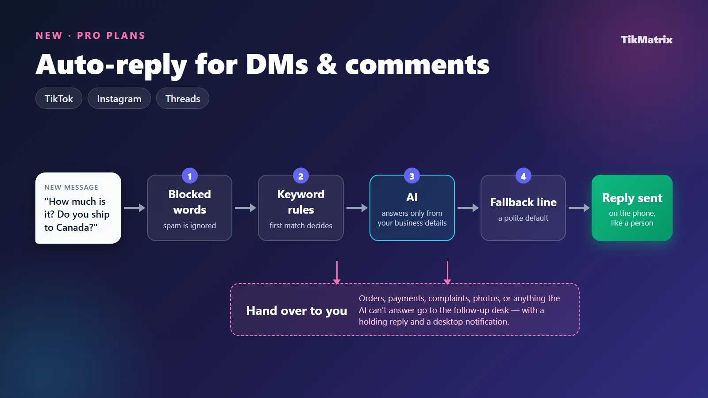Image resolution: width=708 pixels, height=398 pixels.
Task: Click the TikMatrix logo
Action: pos(646,39)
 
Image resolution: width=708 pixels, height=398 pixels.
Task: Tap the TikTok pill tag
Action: pos(59,99)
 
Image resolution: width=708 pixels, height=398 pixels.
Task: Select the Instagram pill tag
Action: pos(119,99)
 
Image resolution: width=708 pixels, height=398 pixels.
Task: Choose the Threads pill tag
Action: pos(183,99)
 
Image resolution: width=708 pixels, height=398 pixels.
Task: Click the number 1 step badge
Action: pos(190,176)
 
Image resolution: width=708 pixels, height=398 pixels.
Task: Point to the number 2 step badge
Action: pos(301,176)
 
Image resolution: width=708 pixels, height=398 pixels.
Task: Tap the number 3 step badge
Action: pos(412,176)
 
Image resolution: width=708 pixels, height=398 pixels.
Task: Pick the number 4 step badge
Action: pos(523,176)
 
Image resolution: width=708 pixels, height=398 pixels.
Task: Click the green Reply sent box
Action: pos(632,208)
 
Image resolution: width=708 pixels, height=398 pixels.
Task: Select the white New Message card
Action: pos(78,208)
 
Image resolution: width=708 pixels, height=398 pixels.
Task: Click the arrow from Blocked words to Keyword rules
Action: pos(245,208)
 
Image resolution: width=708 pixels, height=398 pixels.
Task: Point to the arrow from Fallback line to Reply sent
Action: pos(579,208)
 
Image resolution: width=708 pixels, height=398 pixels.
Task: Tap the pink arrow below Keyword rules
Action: pos(337,272)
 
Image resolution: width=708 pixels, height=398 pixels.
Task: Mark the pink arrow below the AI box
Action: pos(447,272)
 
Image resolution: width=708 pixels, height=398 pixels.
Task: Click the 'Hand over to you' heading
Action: pos(296,310)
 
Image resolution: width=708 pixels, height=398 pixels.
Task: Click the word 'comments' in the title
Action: pos(417,65)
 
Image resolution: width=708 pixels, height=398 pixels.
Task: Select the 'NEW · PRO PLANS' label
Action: pos(90,35)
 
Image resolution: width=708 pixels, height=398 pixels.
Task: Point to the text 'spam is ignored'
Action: pos(190,226)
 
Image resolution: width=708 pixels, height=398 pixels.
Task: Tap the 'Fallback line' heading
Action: pos(523,202)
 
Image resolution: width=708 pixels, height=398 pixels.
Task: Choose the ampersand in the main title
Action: pos(327,65)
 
